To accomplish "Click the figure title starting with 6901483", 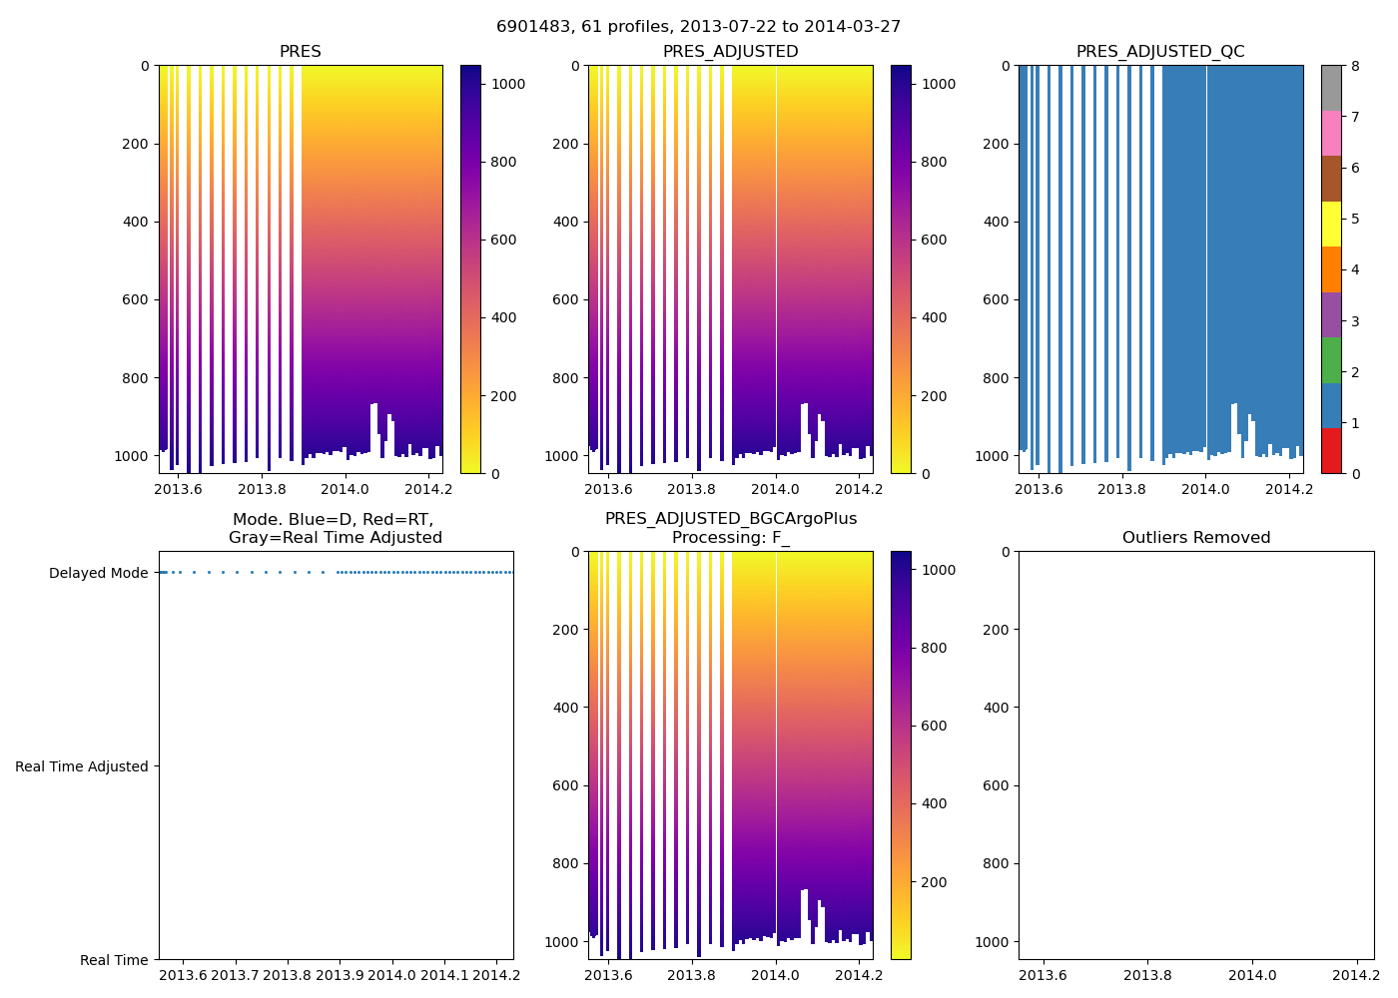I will (698, 27).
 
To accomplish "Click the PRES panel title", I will (300, 52).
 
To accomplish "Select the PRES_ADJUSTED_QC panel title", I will (1160, 52).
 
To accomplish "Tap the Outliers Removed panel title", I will (1195, 538).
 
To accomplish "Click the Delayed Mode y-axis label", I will (98, 573).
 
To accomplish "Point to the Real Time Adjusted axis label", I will (82, 766).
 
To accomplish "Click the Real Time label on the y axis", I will (114, 960).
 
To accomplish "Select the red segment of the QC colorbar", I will (1331, 450).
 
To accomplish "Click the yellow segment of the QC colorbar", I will (1331, 224).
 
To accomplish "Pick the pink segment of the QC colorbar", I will (1331, 133).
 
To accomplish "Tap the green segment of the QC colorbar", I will (1331, 359).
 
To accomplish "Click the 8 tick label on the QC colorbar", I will (1355, 66).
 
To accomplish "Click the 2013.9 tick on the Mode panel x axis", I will (340, 975).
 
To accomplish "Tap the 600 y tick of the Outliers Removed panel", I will (996, 785).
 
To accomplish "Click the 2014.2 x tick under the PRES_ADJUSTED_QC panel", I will (1289, 489).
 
